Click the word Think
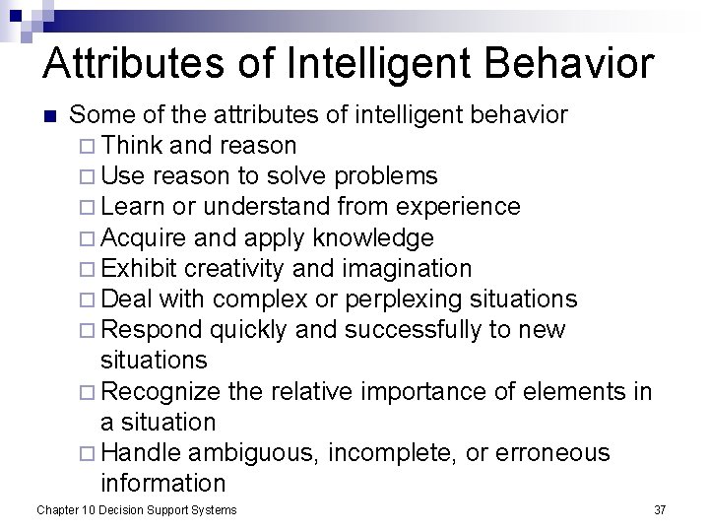click(132, 146)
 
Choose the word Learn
click(134, 207)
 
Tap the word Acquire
click(144, 237)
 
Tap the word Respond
click(150, 329)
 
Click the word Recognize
click(161, 391)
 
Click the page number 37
click(660, 509)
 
